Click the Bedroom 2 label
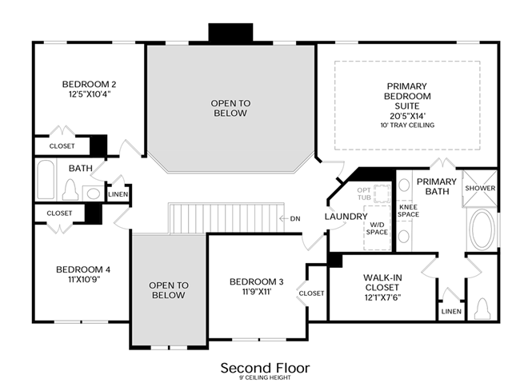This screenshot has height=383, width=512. (x=89, y=84)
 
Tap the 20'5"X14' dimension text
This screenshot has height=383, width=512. (x=407, y=116)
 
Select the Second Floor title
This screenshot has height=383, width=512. (x=265, y=368)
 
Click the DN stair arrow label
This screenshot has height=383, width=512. (x=295, y=218)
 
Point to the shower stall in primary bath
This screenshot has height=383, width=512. (x=480, y=188)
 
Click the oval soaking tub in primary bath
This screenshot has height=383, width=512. (x=482, y=229)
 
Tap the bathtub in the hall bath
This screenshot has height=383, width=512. (x=46, y=179)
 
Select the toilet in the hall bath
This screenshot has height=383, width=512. (x=70, y=190)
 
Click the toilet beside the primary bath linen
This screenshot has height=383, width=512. (x=482, y=309)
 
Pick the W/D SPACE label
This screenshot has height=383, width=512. (x=377, y=229)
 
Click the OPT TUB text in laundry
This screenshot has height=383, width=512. (x=364, y=193)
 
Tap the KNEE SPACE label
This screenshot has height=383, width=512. (x=408, y=211)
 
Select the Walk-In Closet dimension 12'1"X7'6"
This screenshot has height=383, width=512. (x=382, y=297)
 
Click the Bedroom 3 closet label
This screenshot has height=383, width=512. (x=311, y=293)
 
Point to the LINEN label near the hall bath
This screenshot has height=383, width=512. (x=118, y=194)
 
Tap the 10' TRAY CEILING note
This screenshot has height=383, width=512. (x=407, y=125)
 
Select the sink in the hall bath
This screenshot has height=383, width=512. (x=93, y=193)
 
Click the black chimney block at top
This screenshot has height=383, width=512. (x=230, y=32)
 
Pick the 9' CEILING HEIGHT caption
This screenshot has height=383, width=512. (x=265, y=377)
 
